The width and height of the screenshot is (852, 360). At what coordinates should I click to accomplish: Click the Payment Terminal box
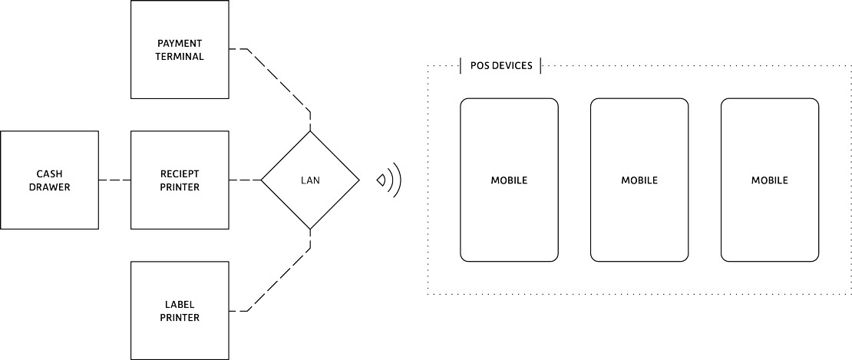(x=180, y=49)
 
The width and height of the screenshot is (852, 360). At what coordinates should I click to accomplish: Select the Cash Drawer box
(x=49, y=180)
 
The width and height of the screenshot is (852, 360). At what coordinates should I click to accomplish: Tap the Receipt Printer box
(x=180, y=180)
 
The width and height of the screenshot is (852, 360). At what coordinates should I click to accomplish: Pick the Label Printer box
(x=180, y=310)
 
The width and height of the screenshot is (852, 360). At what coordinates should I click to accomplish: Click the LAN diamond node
(x=310, y=180)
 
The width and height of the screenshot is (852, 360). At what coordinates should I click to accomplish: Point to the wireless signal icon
(x=389, y=180)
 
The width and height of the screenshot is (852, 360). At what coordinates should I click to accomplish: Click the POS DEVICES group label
(x=501, y=66)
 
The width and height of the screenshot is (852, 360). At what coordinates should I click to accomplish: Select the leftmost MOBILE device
(x=509, y=180)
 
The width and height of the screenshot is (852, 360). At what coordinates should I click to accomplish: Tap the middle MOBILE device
(x=639, y=180)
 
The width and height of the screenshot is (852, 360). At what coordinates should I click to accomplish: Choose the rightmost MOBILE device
(x=770, y=180)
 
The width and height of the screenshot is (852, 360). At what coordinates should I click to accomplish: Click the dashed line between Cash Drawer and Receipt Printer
(x=114, y=180)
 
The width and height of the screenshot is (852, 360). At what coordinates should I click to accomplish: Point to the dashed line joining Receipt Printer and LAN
(x=245, y=180)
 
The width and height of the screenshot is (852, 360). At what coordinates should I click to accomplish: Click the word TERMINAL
(x=180, y=56)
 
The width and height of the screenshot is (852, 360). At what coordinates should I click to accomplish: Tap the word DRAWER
(x=49, y=187)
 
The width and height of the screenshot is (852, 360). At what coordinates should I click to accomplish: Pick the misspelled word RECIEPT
(x=180, y=173)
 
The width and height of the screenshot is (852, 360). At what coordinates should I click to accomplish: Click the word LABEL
(x=180, y=304)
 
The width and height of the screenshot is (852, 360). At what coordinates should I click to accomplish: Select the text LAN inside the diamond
(x=310, y=180)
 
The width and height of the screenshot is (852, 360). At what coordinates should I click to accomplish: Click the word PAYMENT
(x=180, y=43)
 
